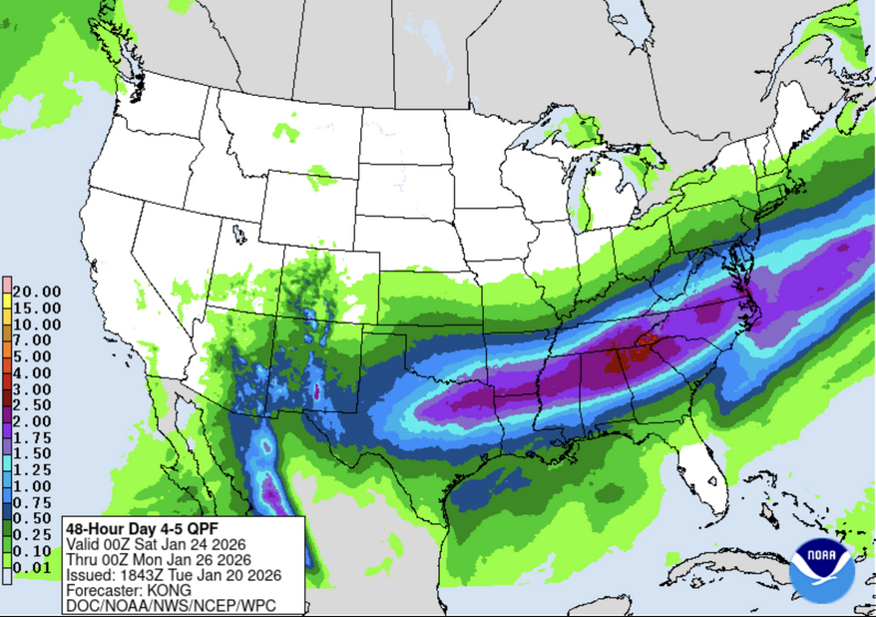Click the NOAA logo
click(x=820, y=570)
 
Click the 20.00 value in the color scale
click(x=37, y=292)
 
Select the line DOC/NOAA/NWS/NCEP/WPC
click(x=170, y=606)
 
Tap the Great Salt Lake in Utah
click(x=238, y=234)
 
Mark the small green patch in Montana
click(x=286, y=130)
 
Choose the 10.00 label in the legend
click(x=37, y=323)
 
